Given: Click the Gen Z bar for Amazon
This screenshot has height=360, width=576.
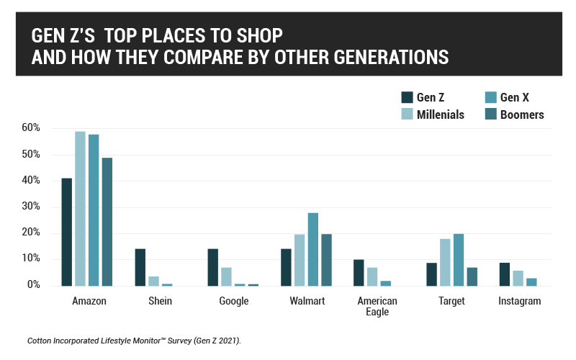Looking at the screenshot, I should (x=66, y=232).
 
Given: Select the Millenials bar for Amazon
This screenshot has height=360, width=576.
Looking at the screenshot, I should (x=80, y=209).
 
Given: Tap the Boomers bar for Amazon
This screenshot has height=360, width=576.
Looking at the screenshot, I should (x=107, y=222).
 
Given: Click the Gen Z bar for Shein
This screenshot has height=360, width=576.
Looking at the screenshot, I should (x=140, y=267).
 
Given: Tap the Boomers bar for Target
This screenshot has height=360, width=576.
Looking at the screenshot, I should (x=472, y=276).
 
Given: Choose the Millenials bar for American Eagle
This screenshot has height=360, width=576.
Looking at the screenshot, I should (x=372, y=276).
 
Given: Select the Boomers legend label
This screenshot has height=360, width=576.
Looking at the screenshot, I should (x=521, y=114).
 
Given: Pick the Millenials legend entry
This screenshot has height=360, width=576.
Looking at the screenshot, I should (x=440, y=114).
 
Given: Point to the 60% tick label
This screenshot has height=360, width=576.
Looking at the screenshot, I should (x=31, y=128).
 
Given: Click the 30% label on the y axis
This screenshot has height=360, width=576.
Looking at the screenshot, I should (x=31, y=207).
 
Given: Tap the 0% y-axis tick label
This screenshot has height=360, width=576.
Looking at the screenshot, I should (x=34, y=285).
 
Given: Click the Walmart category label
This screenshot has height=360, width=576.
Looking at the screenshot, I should (x=306, y=301).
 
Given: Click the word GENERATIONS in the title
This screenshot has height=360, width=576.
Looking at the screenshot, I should (x=382, y=57).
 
